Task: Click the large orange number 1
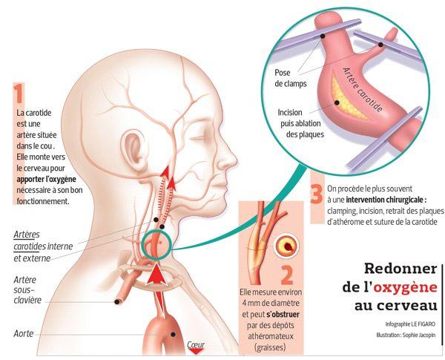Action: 19,93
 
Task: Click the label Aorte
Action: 24,333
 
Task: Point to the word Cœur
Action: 196,344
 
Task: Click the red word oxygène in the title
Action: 405,287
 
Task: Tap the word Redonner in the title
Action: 400,269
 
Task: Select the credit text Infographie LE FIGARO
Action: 410,324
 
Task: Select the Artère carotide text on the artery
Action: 362,90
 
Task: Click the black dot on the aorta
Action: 173,335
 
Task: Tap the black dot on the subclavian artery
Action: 117,302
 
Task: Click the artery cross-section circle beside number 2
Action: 286,245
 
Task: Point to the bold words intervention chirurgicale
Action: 386,200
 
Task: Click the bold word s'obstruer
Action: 283,315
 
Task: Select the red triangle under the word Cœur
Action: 196,352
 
